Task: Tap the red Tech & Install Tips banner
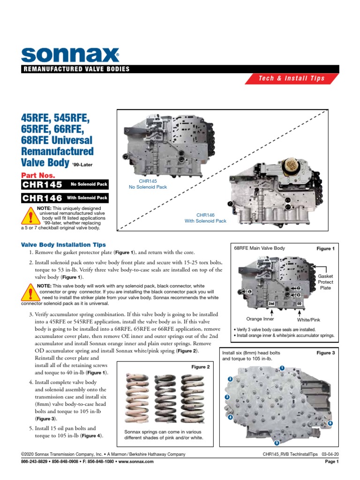(292, 78)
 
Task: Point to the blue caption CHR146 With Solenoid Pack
(205, 217)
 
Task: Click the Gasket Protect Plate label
(325, 282)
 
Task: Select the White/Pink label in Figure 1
(308, 319)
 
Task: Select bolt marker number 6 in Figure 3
(330, 423)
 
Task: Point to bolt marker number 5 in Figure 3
(277, 443)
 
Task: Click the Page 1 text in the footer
(331, 462)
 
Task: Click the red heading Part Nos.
(38, 175)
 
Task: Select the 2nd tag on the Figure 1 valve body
(271, 304)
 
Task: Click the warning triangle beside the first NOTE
(30, 217)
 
